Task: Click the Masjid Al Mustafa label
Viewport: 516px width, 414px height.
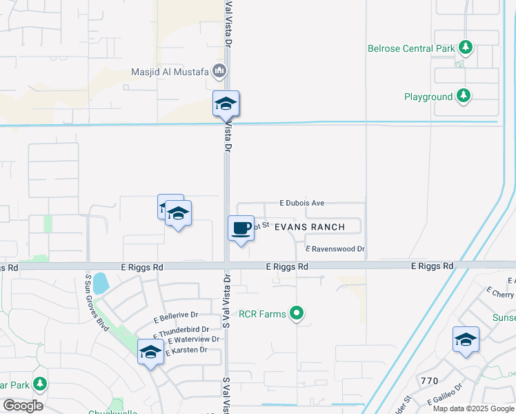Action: pyautogui.click(x=170, y=72)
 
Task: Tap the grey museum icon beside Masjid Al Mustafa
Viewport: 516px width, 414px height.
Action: pyautogui.click(x=219, y=70)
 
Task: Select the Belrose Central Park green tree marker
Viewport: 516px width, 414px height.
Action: pyautogui.click(x=466, y=48)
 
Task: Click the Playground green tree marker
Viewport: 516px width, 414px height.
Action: pyautogui.click(x=465, y=96)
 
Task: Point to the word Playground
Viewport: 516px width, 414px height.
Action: pyautogui.click(x=428, y=97)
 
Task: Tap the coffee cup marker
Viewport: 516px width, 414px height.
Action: pyautogui.click(x=240, y=229)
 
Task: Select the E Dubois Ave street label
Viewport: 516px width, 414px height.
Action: pyautogui.click(x=301, y=204)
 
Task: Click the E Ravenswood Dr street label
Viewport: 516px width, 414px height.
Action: pyautogui.click(x=335, y=249)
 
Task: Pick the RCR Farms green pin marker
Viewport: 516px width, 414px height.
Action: pyautogui.click(x=297, y=314)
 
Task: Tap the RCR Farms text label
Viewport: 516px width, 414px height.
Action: pyautogui.click(x=262, y=314)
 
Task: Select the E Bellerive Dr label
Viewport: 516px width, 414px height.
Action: pyautogui.click(x=176, y=317)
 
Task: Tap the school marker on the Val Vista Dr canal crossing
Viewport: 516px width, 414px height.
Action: pyautogui.click(x=226, y=105)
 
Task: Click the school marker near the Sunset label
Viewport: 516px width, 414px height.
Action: pyautogui.click(x=466, y=340)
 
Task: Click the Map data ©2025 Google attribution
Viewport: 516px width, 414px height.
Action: pyautogui.click(x=473, y=408)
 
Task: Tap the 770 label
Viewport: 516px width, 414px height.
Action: pyautogui.click(x=429, y=380)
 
